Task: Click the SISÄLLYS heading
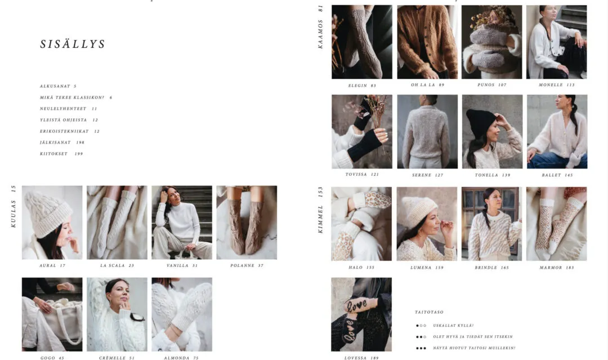point(73,44)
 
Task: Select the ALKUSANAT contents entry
point(58,86)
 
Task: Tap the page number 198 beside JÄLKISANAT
point(81,143)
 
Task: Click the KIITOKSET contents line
point(61,154)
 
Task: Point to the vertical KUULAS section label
point(13,206)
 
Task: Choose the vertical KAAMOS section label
point(320,27)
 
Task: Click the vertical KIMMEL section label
point(320,210)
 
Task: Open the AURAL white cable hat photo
point(52,223)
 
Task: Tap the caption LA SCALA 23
point(117,266)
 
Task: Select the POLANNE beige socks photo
point(247,223)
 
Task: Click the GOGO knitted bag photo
point(52,314)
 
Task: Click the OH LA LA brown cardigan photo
point(427,42)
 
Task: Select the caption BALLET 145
point(557,175)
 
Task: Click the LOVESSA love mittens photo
point(361,314)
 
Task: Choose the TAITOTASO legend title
point(429,312)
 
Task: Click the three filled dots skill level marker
point(421,348)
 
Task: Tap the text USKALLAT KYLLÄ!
point(453,326)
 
